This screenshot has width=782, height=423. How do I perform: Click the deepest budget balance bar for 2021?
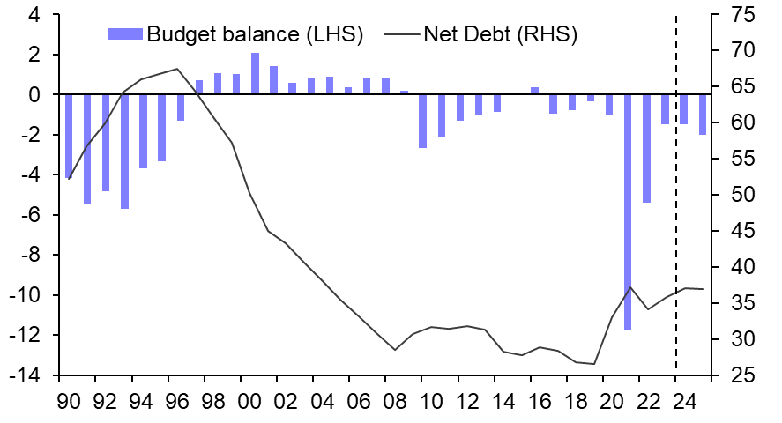point(629,211)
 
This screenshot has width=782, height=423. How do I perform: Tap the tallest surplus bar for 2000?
point(255,73)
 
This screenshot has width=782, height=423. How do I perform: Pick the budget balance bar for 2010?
point(422,121)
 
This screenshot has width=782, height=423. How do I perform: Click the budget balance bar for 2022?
point(646,148)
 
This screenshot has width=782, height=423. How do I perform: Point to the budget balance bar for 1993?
point(124,151)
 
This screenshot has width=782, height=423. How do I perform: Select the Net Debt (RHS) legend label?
point(500,35)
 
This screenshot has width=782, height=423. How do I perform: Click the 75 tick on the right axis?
point(741,15)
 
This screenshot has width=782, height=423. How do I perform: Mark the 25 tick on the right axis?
point(741,375)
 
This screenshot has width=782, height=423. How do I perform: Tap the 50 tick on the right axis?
point(741,195)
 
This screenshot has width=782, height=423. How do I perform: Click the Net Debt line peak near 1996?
point(177,69)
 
